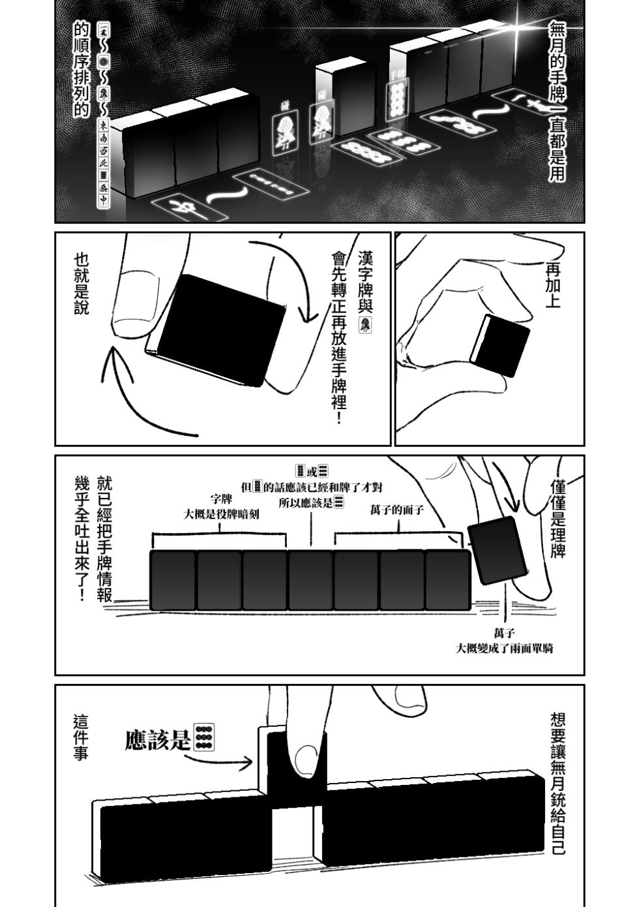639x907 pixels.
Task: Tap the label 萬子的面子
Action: pyautogui.click(x=396, y=510)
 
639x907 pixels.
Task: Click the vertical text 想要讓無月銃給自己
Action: pyautogui.click(x=558, y=783)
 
